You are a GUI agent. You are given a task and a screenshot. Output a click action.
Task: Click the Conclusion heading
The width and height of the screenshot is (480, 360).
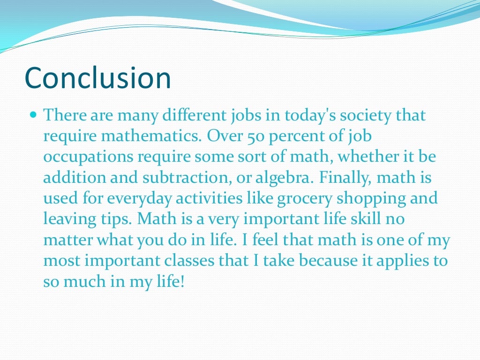tap(97, 77)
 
